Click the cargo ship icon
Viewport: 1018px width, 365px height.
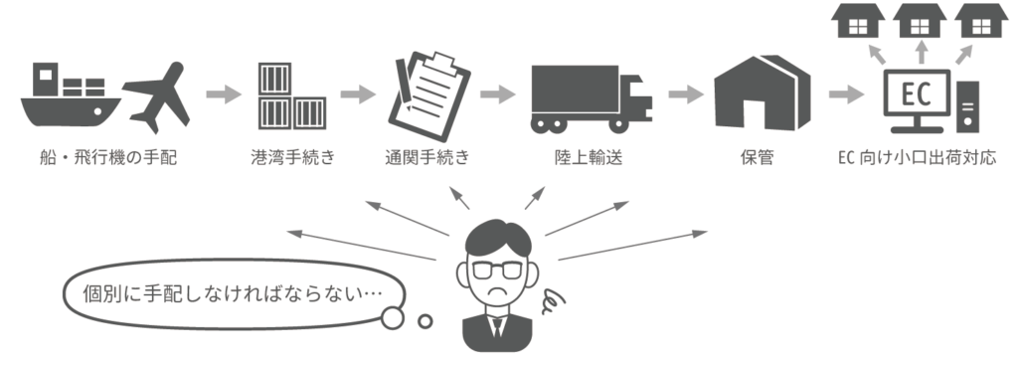click(71, 97)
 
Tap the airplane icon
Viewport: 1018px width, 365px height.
click(156, 97)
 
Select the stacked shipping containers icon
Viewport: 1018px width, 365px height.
click(291, 96)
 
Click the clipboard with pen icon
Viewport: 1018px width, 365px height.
click(428, 96)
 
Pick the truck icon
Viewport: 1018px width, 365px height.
click(591, 98)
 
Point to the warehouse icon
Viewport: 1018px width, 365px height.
click(762, 93)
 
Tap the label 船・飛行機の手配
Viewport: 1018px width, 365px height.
click(107, 158)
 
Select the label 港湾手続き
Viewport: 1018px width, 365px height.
click(292, 158)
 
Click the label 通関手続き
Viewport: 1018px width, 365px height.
click(426, 158)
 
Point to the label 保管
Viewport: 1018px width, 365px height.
click(757, 158)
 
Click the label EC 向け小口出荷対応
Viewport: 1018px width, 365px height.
click(917, 158)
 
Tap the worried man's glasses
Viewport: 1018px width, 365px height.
click(497, 270)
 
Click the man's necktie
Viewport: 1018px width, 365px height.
click(497, 326)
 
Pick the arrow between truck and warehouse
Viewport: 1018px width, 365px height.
click(686, 94)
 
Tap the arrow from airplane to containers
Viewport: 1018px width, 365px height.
click(224, 94)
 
